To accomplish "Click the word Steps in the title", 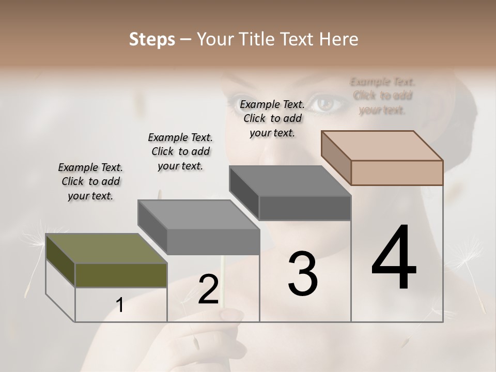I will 151,39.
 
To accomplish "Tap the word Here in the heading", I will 338,39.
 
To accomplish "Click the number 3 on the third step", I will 303,274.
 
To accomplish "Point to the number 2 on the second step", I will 208,289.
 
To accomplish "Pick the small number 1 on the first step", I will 120,305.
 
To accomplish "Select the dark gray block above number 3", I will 289,181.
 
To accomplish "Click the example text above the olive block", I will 90,181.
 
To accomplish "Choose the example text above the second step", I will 180,151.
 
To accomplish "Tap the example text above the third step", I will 272,118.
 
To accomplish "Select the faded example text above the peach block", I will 382,96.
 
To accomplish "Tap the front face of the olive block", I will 121,275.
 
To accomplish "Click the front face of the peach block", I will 397,173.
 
